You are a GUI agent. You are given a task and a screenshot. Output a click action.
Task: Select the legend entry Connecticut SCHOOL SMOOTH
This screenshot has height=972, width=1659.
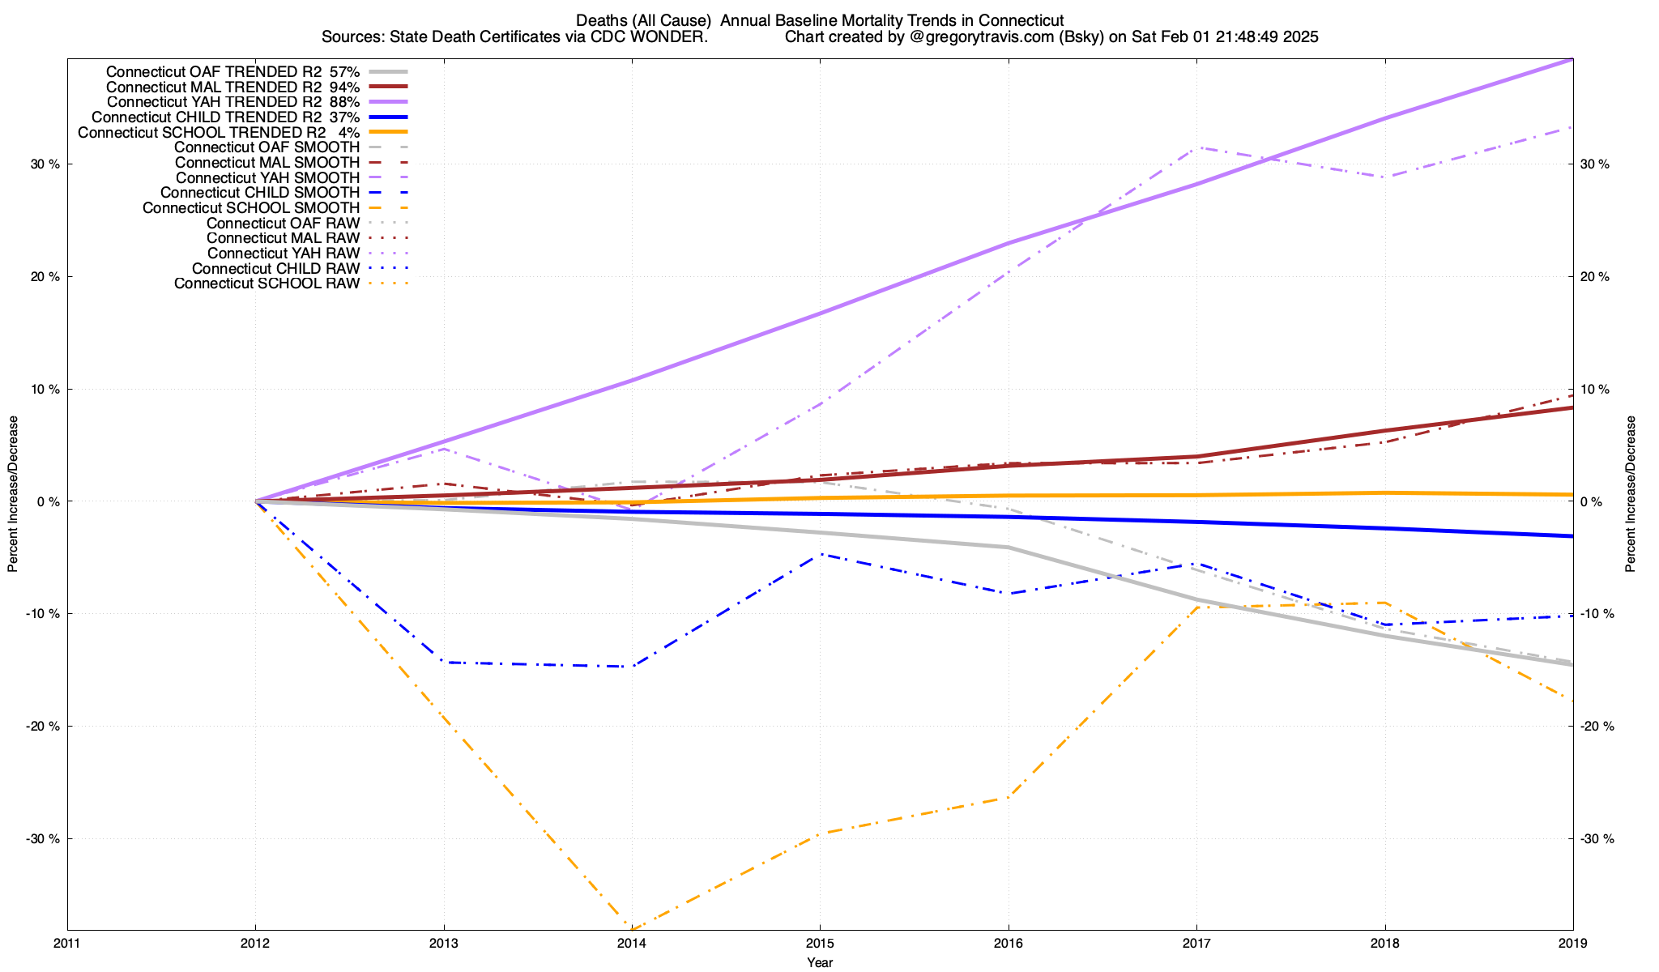tap(250, 208)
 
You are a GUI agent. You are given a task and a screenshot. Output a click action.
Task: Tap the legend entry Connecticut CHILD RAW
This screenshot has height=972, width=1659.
tap(275, 269)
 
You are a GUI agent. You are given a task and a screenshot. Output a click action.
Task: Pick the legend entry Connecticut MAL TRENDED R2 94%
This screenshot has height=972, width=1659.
tap(214, 87)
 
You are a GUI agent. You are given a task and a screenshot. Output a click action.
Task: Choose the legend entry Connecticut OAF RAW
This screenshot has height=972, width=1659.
tap(283, 224)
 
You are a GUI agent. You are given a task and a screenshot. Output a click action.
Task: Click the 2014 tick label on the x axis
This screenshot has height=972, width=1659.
tap(632, 943)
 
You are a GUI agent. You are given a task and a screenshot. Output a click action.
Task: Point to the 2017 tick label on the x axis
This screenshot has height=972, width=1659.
tap(1196, 943)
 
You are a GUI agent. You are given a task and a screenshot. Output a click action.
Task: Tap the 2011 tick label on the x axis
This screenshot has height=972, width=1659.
tap(67, 943)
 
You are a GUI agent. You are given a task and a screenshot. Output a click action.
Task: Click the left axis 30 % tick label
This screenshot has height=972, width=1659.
tap(45, 164)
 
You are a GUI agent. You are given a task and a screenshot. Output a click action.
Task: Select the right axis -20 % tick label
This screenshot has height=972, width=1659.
tap(1597, 727)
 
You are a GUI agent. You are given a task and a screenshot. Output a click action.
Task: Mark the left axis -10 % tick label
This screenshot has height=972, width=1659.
tap(43, 614)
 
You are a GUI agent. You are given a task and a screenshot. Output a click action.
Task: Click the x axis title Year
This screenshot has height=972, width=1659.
tap(820, 962)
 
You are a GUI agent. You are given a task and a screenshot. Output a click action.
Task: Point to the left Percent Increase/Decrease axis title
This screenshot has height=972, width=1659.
tap(13, 494)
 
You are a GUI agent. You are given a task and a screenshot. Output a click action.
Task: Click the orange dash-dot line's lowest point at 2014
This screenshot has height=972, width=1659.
tap(632, 928)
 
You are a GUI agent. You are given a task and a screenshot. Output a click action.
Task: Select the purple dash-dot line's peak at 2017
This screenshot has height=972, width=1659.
tap(1196, 147)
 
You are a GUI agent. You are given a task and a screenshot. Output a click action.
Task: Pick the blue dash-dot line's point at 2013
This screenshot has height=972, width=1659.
tap(444, 663)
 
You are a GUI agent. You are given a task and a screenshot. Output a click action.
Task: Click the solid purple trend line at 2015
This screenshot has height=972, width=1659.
tap(820, 313)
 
